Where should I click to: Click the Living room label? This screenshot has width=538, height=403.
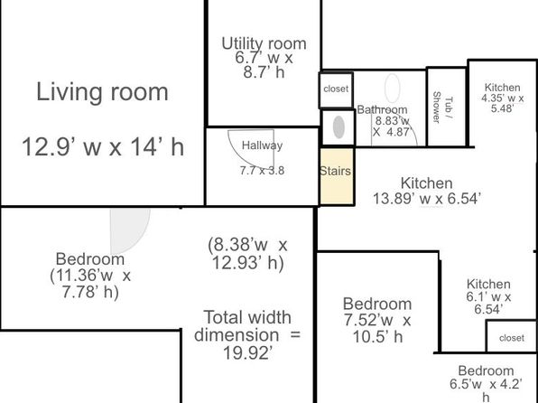click(102, 92)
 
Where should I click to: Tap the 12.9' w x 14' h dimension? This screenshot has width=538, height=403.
click(103, 146)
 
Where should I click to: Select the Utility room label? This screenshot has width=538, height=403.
click(264, 43)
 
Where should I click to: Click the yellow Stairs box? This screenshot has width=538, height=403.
click(337, 176)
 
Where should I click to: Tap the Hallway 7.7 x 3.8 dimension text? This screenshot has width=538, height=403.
click(262, 171)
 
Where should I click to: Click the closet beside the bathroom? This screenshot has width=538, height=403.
click(336, 89)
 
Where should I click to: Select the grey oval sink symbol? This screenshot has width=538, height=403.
click(339, 127)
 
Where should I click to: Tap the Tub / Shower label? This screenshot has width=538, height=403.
click(442, 107)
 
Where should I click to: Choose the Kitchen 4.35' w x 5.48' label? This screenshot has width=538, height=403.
click(502, 98)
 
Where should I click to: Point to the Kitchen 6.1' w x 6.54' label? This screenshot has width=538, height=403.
click(488, 296)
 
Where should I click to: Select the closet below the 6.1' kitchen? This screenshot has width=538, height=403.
click(512, 336)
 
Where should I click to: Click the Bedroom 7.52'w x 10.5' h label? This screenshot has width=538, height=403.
click(377, 320)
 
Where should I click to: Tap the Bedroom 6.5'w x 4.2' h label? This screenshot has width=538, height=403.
click(486, 383)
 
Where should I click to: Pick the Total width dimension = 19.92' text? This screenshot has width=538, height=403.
click(247, 334)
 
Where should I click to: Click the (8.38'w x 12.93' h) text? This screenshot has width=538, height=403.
click(247, 254)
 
